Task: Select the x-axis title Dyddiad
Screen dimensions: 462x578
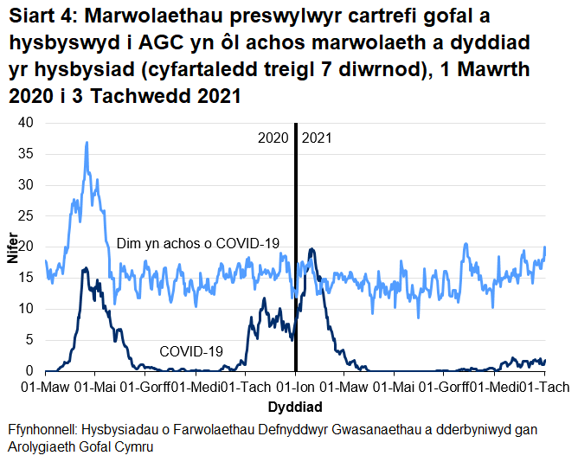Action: point(296,407)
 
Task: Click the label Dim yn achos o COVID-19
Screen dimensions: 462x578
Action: point(198,244)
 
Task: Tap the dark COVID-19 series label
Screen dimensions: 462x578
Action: point(191,351)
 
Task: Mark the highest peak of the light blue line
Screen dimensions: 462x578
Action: point(87,143)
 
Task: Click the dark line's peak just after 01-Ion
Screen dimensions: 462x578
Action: point(311,249)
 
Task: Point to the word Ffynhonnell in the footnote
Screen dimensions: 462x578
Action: point(43,430)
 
